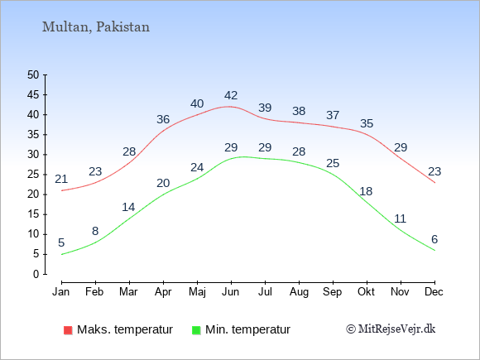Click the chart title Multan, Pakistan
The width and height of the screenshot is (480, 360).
coord(96,27)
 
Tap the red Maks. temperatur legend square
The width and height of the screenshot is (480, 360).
coord(68,330)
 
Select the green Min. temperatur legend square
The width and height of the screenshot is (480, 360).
coord(196,330)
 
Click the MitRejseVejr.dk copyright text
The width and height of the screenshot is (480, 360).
coord(391,329)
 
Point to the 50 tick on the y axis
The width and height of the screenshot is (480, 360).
coord(33,75)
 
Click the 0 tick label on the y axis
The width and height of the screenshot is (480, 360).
coord(36,274)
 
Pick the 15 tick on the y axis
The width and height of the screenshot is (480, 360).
coord(33,214)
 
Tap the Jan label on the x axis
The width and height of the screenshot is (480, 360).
coord(61,292)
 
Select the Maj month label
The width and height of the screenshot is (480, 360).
coord(197,292)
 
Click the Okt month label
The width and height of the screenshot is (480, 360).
coord(366,292)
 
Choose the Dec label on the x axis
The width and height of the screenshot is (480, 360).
coord(434,292)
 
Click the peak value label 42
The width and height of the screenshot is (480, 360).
coord(231,95)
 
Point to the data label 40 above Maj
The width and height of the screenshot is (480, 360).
coord(197,103)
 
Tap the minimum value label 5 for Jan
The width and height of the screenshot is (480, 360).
coord(61,242)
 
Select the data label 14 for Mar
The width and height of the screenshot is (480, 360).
coord(128,207)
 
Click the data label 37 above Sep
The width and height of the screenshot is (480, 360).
coord(333,115)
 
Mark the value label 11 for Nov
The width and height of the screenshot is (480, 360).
coord(400,218)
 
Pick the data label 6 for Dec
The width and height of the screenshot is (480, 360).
coord(434,239)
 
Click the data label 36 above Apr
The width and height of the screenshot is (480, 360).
coord(163,119)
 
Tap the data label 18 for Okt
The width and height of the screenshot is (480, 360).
coord(366,191)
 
